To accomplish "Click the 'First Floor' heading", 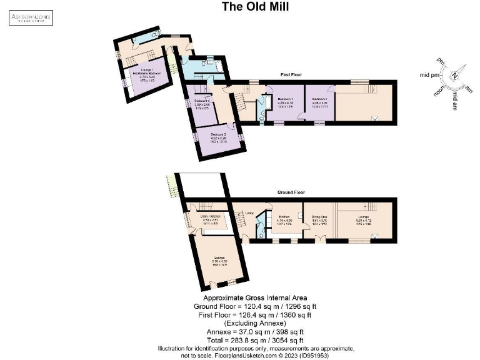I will click(x=291, y=74).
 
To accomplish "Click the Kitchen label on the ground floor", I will click(x=283, y=216).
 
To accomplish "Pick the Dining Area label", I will click(x=318, y=216).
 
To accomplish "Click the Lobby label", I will click(x=249, y=213).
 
